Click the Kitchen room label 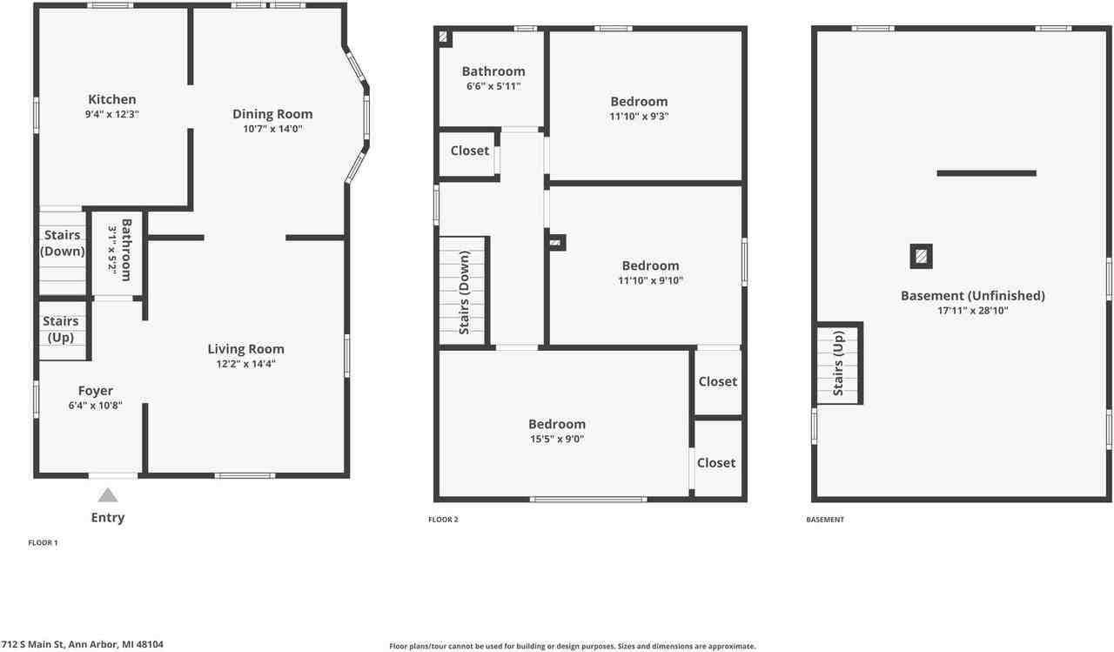tap(111, 99)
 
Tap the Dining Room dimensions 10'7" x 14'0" tap(272, 129)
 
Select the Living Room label tap(245, 349)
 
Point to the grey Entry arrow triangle tap(107, 495)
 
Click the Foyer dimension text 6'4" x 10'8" tap(95, 405)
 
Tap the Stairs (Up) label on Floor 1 tap(61, 330)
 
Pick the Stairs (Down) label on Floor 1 tap(63, 243)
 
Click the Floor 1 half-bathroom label tap(126, 249)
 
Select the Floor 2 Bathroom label tap(493, 71)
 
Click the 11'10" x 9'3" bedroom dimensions tap(639, 116)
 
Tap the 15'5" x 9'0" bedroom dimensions tap(556, 439)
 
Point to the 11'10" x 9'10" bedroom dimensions tap(650, 280)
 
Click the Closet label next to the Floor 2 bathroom tap(470, 151)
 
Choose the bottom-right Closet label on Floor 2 tap(716, 463)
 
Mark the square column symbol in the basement tap(921, 256)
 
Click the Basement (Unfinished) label tap(972, 296)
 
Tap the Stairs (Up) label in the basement tap(838, 363)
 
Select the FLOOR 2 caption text tap(443, 520)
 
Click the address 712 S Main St tap(82, 645)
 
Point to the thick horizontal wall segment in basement tap(986, 173)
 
